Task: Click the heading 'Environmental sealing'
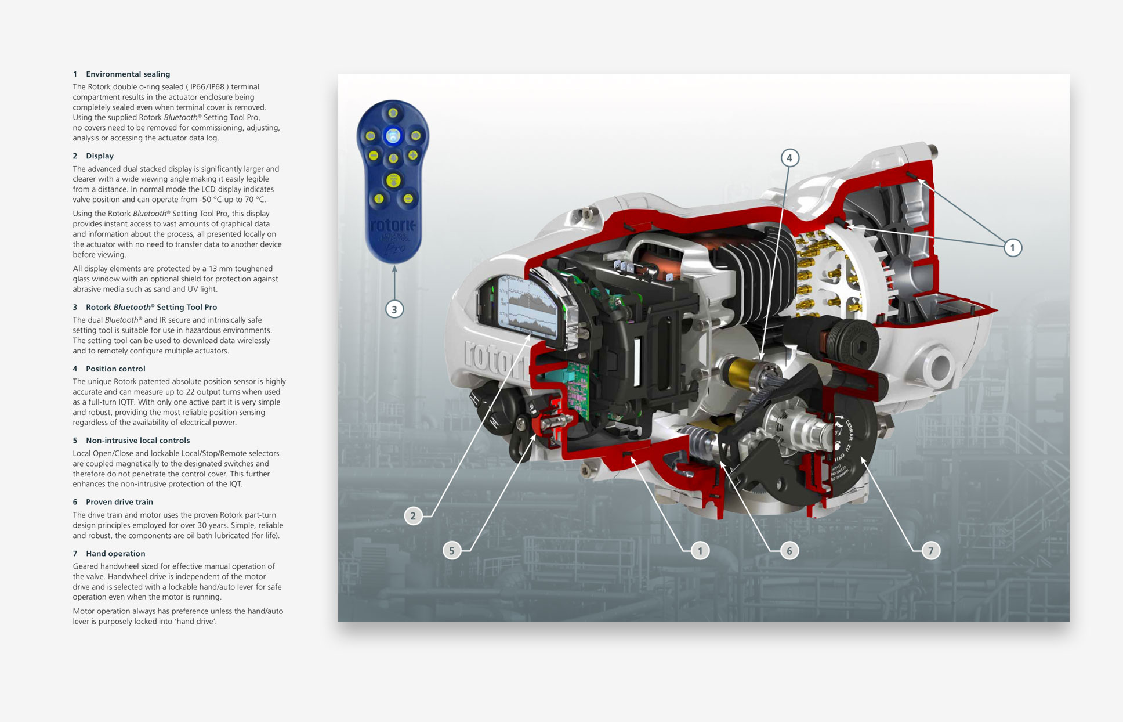[128, 74]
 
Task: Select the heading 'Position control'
[115, 369]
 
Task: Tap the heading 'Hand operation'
[115, 554]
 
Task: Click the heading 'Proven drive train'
[119, 502]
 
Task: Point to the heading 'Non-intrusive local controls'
[137, 441]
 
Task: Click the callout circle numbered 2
[413, 515]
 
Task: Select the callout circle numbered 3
[394, 309]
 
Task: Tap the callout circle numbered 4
[789, 158]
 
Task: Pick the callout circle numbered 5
[452, 550]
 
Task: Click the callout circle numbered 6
[789, 551]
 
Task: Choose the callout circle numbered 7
[931, 551]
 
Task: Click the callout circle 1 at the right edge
[1013, 248]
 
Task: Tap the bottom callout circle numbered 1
[700, 551]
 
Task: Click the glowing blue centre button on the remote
[393, 136]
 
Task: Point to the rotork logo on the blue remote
[393, 225]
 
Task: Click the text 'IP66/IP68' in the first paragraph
[207, 87]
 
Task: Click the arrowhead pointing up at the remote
[394, 269]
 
